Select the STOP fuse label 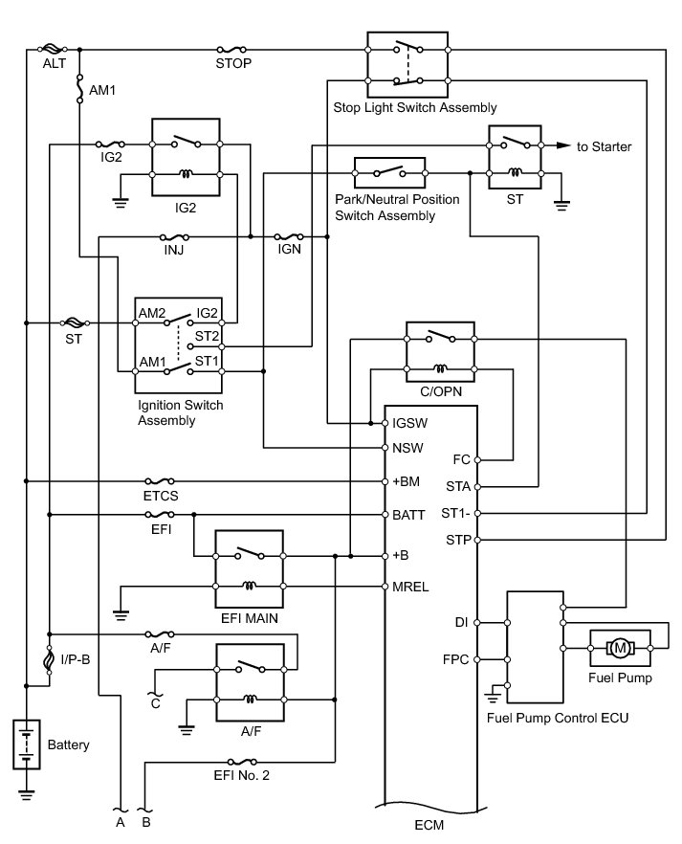234,64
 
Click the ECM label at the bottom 430,824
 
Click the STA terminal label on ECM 457,486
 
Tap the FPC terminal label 455,660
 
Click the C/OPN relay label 441,391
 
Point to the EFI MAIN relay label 249,619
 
